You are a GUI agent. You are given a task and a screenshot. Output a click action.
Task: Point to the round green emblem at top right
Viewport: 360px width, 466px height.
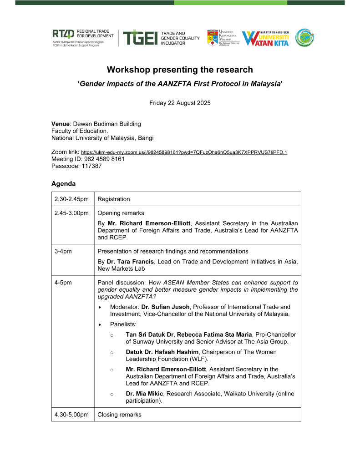pos(304,38)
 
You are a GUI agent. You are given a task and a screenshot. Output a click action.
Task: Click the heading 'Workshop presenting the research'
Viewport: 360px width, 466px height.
pos(180,70)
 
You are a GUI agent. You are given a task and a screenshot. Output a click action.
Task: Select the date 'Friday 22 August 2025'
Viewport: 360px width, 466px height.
pos(180,103)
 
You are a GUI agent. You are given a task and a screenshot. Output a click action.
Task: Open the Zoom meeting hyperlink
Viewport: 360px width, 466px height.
pos(184,152)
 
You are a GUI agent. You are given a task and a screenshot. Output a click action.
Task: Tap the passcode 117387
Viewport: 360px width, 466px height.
pos(90,166)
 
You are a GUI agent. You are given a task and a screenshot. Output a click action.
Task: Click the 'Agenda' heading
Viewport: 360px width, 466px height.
pos(63,184)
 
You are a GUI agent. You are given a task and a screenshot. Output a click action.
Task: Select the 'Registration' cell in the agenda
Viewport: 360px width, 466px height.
pos(114,199)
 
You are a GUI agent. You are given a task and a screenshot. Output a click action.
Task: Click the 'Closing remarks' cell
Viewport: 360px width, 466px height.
pos(120,415)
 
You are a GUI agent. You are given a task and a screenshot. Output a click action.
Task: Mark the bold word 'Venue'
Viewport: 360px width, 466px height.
pos(60,124)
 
